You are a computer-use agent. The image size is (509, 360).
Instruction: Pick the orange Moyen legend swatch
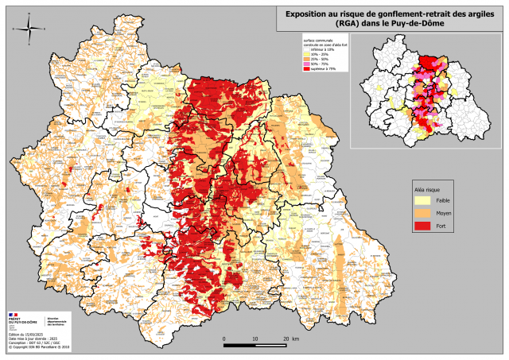click(422, 215)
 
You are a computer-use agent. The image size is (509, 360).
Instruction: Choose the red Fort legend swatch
click(422, 227)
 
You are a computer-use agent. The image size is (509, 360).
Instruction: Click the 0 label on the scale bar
click(224, 339)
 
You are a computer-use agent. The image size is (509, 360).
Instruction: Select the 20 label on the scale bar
click(285, 339)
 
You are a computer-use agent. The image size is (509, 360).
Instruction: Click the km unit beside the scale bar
click(296, 339)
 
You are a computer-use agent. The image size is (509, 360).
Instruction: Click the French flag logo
click(14, 315)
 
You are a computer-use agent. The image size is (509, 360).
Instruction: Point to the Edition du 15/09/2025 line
click(25, 333)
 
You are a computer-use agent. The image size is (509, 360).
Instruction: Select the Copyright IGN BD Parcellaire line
click(40, 347)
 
